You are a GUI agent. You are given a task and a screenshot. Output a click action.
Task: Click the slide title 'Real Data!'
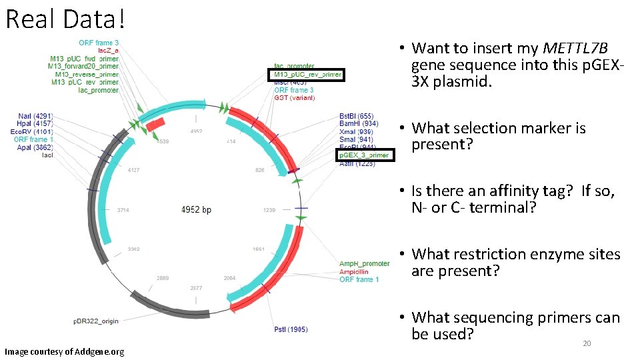point(65,19)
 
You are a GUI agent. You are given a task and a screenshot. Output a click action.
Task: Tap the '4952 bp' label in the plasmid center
point(196,209)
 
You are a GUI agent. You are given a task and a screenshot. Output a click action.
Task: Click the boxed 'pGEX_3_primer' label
point(365,155)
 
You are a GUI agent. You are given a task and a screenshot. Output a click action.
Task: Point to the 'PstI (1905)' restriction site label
point(291,329)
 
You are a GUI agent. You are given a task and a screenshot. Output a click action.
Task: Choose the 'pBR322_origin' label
point(96,321)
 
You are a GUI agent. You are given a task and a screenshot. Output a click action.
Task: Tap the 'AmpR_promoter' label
point(365,264)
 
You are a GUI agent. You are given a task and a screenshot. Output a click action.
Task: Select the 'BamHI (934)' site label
point(359,124)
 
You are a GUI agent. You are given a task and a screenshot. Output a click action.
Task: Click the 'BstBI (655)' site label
point(357,116)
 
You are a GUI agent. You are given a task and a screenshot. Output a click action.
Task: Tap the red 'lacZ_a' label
point(108,51)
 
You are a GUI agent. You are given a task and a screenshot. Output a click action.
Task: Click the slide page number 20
point(587,343)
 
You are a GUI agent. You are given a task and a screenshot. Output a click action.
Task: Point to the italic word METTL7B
point(575,48)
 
